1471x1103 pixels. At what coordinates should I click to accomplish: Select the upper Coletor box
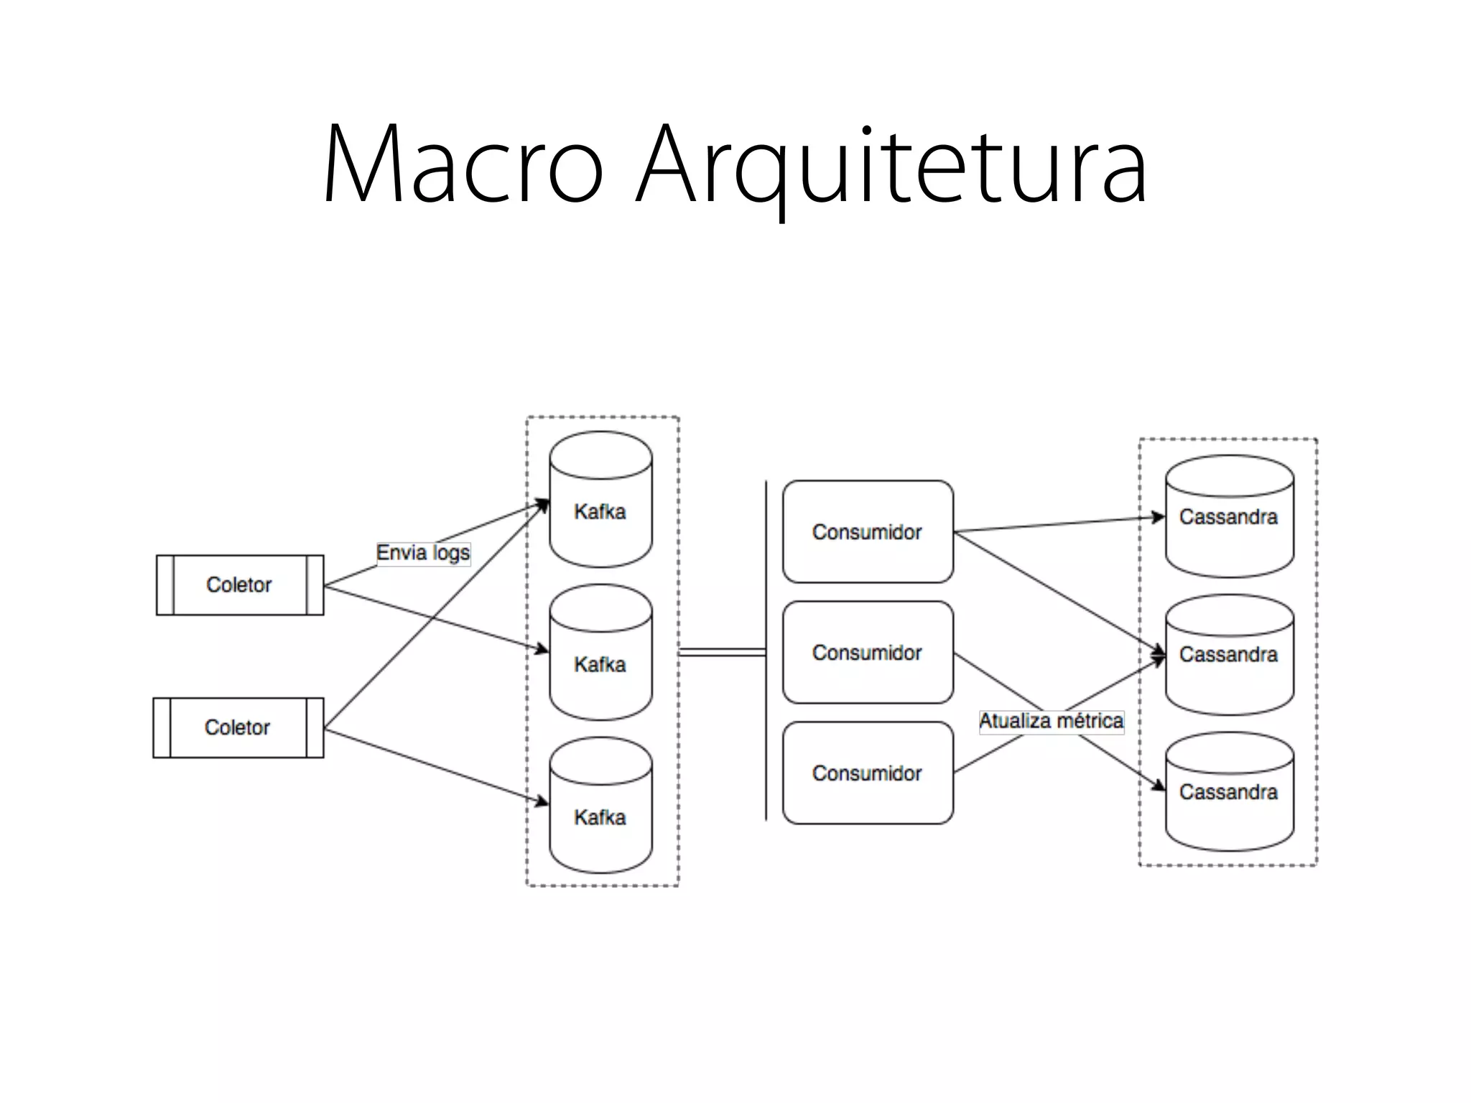(240, 585)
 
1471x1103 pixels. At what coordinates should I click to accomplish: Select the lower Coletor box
(238, 727)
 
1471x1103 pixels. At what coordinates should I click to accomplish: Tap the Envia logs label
(423, 553)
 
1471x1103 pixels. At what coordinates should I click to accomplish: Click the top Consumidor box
(868, 532)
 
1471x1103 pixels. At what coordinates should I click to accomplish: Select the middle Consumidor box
(868, 653)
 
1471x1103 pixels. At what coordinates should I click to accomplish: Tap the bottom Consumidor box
(868, 773)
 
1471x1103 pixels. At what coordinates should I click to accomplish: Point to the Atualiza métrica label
(1051, 721)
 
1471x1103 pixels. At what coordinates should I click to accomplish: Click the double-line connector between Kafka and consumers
(722, 652)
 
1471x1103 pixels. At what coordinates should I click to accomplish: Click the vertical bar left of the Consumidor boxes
(766, 651)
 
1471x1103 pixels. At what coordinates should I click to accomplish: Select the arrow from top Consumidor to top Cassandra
(1056, 525)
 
